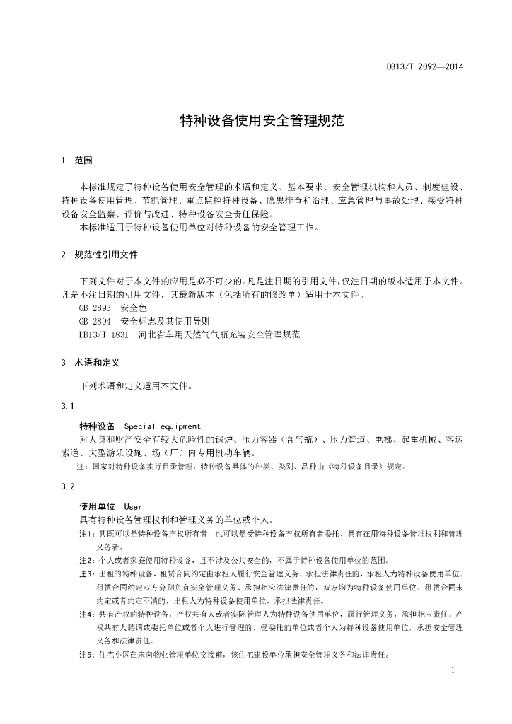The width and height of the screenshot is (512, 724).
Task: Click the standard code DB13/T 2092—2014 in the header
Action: pos(424,69)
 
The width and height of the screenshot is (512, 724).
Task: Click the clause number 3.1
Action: pos(68,406)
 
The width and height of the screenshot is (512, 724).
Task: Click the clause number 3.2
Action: pos(68,486)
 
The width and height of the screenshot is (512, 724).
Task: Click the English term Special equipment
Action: pos(162,426)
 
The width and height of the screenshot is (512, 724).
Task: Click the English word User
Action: pos(133,507)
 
